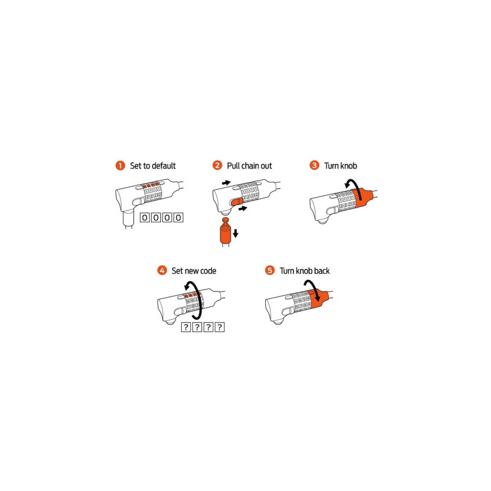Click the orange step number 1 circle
(x=120, y=166)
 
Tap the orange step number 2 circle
(x=217, y=165)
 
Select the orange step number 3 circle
(x=314, y=165)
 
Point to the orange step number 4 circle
(x=162, y=270)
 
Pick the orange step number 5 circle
(x=269, y=270)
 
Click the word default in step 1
(x=161, y=166)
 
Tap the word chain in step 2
(x=250, y=166)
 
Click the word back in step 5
(x=322, y=271)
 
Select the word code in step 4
(x=208, y=271)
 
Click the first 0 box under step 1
(x=144, y=217)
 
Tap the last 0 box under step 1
(x=179, y=217)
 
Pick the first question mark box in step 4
(x=186, y=327)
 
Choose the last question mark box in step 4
(x=220, y=327)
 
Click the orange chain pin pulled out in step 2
(x=225, y=231)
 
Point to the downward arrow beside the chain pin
(x=236, y=233)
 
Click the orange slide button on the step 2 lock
(x=236, y=202)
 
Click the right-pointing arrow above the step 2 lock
(x=226, y=182)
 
